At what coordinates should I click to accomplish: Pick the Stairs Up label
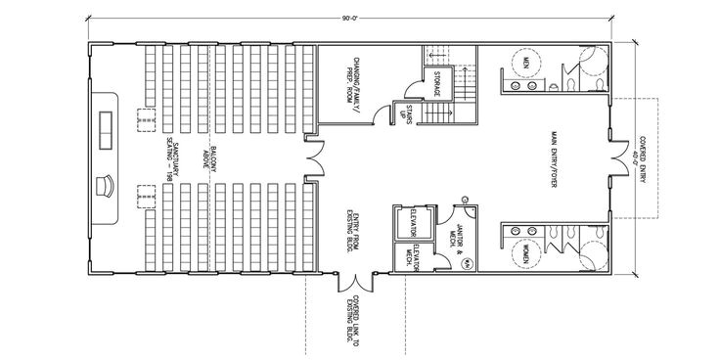coord(402,113)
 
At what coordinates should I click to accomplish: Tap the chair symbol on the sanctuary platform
coord(107,185)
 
